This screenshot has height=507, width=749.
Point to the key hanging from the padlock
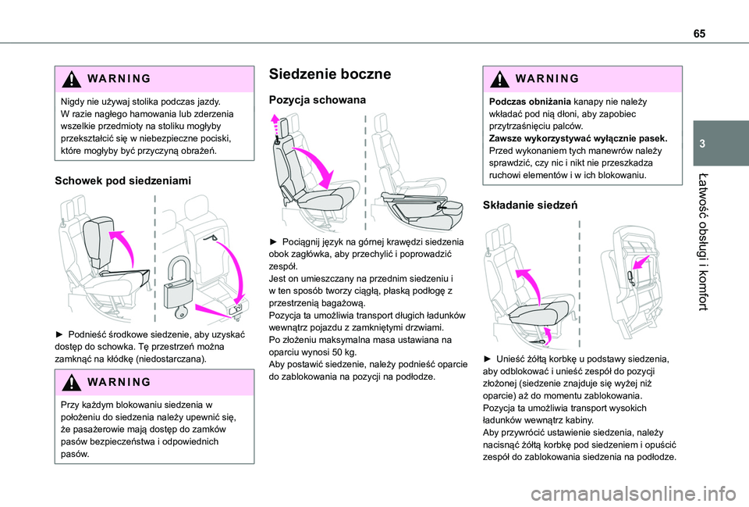[182, 312]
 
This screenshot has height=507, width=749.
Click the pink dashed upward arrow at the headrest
[274, 123]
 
